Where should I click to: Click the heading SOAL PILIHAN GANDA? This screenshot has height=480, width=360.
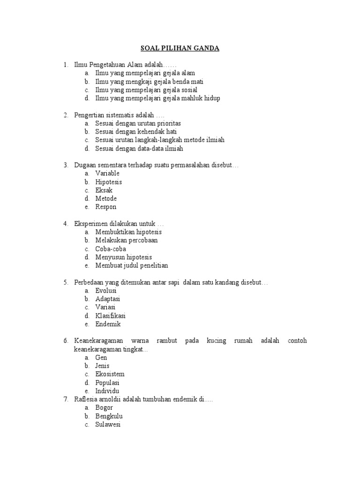tap(180, 48)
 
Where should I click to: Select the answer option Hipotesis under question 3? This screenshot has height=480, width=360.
tap(109, 182)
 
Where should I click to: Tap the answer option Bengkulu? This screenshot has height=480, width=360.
tap(109, 416)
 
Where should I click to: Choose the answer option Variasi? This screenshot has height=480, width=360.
tap(105, 307)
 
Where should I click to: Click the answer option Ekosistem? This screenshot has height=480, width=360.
tap(110, 374)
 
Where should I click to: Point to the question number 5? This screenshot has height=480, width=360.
tap(66, 282)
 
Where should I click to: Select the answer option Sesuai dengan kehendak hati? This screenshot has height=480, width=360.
tap(136, 132)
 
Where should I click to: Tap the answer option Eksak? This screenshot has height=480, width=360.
tap(104, 190)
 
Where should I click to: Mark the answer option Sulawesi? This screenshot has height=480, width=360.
tap(108, 424)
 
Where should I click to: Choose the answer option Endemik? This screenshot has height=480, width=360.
tap(108, 324)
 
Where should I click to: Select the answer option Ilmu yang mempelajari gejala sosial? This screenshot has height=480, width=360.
tap(146, 90)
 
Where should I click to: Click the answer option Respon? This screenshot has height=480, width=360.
tap(106, 207)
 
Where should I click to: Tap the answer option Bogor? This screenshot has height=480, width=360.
tap(104, 408)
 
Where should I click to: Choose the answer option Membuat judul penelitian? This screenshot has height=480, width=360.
tap(132, 266)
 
